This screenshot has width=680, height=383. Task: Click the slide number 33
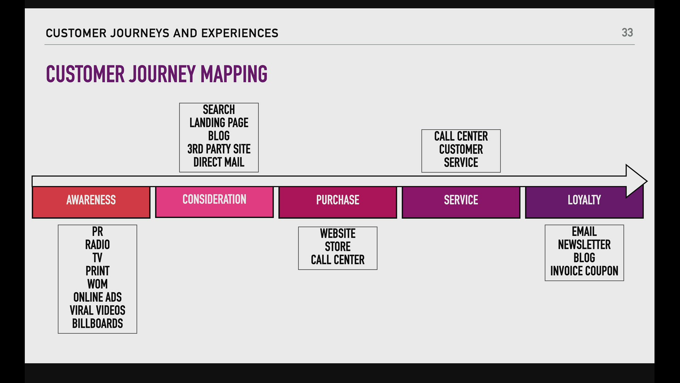[x=627, y=33]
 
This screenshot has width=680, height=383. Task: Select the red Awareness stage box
[x=91, y=202]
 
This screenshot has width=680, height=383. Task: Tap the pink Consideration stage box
[x=214, y=202]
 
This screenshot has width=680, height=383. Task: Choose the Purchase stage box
[x=338, y=202]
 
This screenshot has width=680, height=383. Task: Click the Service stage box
[x=461, y=202]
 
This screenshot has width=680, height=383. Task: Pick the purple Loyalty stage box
[x=584, y=202]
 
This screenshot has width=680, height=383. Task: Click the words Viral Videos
[x=97, y=310]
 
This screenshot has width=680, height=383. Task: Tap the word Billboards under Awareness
[x=97, y=323]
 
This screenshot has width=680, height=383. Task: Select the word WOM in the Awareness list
[x=97, y=284]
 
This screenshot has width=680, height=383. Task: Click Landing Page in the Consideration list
[x=219, y=123]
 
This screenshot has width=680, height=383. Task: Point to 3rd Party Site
[x=219, y=149]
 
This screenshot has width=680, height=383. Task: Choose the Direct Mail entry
[x=219, y=162]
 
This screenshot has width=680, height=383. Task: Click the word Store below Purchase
[x=338, y=246]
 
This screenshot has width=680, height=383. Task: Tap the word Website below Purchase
[x=338, y=233]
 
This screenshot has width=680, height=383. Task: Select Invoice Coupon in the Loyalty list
[x=584, y=271]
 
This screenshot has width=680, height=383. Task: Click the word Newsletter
[x=584, y=245]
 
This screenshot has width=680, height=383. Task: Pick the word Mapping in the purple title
[x=234, y=74]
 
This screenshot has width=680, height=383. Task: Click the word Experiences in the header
[x=240, y=33]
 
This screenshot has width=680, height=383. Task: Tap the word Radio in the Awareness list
[x=97, y=245]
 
